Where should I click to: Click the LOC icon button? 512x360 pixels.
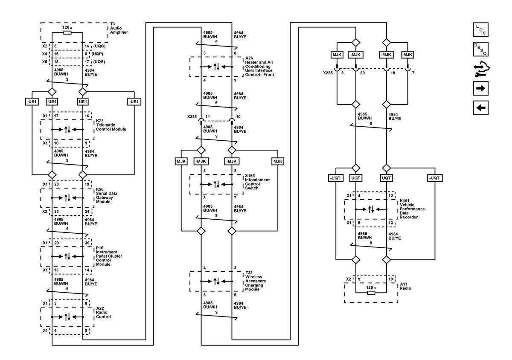[480, 30]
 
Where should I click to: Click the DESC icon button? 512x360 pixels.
[480, 49]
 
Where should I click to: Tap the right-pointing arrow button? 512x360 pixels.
[480, 88]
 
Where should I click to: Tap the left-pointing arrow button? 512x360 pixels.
[480, 107]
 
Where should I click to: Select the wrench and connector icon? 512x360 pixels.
[481, 69]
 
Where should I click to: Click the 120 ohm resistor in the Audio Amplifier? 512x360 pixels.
[67, 33]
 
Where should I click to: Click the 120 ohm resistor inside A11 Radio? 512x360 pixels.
[371, 293]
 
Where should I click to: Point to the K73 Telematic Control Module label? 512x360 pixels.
[111, 125]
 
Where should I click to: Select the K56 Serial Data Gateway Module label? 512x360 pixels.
[106, 195]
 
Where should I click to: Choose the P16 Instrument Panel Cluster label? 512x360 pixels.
[109, 256]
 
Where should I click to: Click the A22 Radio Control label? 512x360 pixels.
[103, 313]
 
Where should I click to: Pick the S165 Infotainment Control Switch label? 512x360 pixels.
[257, 182]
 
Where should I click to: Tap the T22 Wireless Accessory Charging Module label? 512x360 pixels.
[256, 281]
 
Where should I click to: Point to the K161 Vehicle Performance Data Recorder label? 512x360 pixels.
[412, 209]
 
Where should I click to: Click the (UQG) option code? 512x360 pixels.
[99, 46]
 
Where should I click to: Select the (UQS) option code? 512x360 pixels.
[99, 62]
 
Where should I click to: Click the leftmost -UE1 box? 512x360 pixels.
[32, 102]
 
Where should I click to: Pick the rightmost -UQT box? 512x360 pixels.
[435, 178]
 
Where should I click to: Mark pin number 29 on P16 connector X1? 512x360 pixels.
[56, 243]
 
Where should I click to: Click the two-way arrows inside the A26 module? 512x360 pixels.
[216, 67]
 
